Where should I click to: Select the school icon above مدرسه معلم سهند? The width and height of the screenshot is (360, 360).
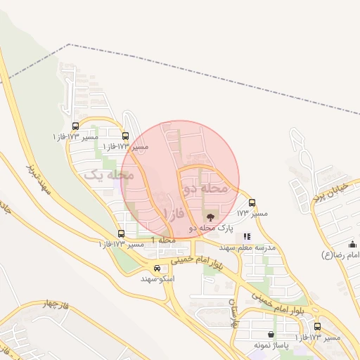(246, 237)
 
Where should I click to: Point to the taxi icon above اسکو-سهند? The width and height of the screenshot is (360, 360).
(157, 268)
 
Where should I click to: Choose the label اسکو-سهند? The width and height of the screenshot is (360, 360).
(157, 279)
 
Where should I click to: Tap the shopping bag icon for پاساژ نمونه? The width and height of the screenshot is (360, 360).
(271, 335)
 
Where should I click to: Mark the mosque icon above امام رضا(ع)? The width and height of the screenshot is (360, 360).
(352, 243)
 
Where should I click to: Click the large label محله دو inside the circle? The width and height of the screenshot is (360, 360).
(205, 188)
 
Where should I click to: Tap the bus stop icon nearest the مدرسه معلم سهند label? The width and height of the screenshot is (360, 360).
(252, 202)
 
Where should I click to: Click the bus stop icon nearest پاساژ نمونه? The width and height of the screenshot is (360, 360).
(317, 327)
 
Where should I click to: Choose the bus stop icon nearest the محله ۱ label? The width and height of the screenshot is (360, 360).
(122, 233)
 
